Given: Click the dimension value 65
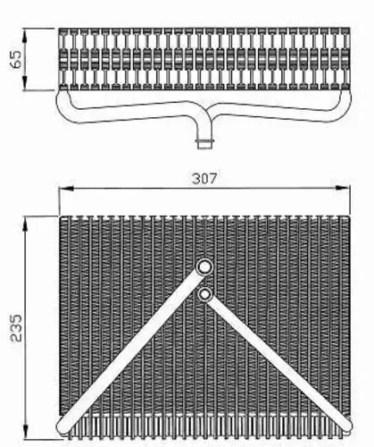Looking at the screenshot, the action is tap(15, 59).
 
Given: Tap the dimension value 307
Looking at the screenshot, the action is tap(204, 179).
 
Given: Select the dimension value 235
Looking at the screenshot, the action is tap(16, 327).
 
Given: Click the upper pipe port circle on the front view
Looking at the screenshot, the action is tap(204, 266).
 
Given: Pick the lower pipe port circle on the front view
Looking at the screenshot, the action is tap(204, 294).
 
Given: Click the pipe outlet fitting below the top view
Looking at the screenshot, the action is tap(205, 143).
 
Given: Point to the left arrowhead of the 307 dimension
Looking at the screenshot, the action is tap(66, 188).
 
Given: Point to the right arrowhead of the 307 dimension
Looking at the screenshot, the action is tap(342, 188).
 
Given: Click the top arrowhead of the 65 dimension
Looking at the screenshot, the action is tap(25, 35).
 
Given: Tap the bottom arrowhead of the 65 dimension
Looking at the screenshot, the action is tap(25, 82).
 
